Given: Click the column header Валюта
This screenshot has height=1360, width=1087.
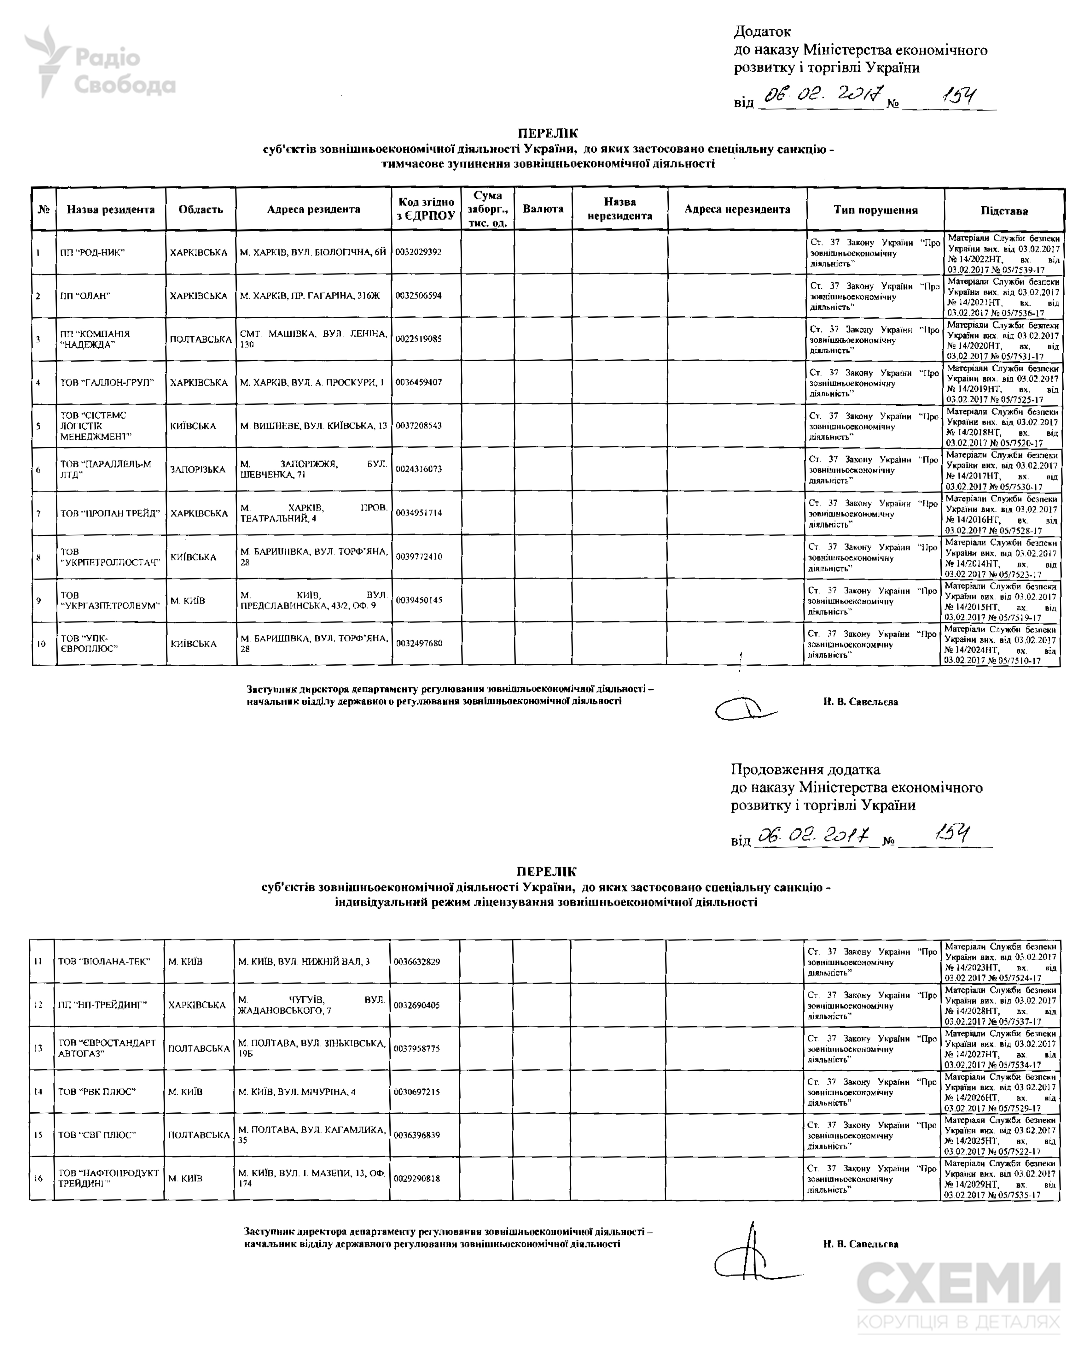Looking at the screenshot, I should click(x=543, y=209).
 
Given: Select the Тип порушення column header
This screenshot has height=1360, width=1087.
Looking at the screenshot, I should click(x=875, y=210).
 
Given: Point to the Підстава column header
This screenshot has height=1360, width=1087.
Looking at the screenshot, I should click(x=1004, y=211).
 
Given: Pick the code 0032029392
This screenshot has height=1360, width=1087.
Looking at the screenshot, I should click(x=419, y=252).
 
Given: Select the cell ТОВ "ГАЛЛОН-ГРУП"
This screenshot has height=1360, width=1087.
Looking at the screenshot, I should click(x=107, y=382).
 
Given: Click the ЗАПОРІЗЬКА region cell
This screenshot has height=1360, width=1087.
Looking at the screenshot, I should click(x=197, y=469).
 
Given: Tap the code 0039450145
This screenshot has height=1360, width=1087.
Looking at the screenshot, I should click(x=419, y=600).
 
